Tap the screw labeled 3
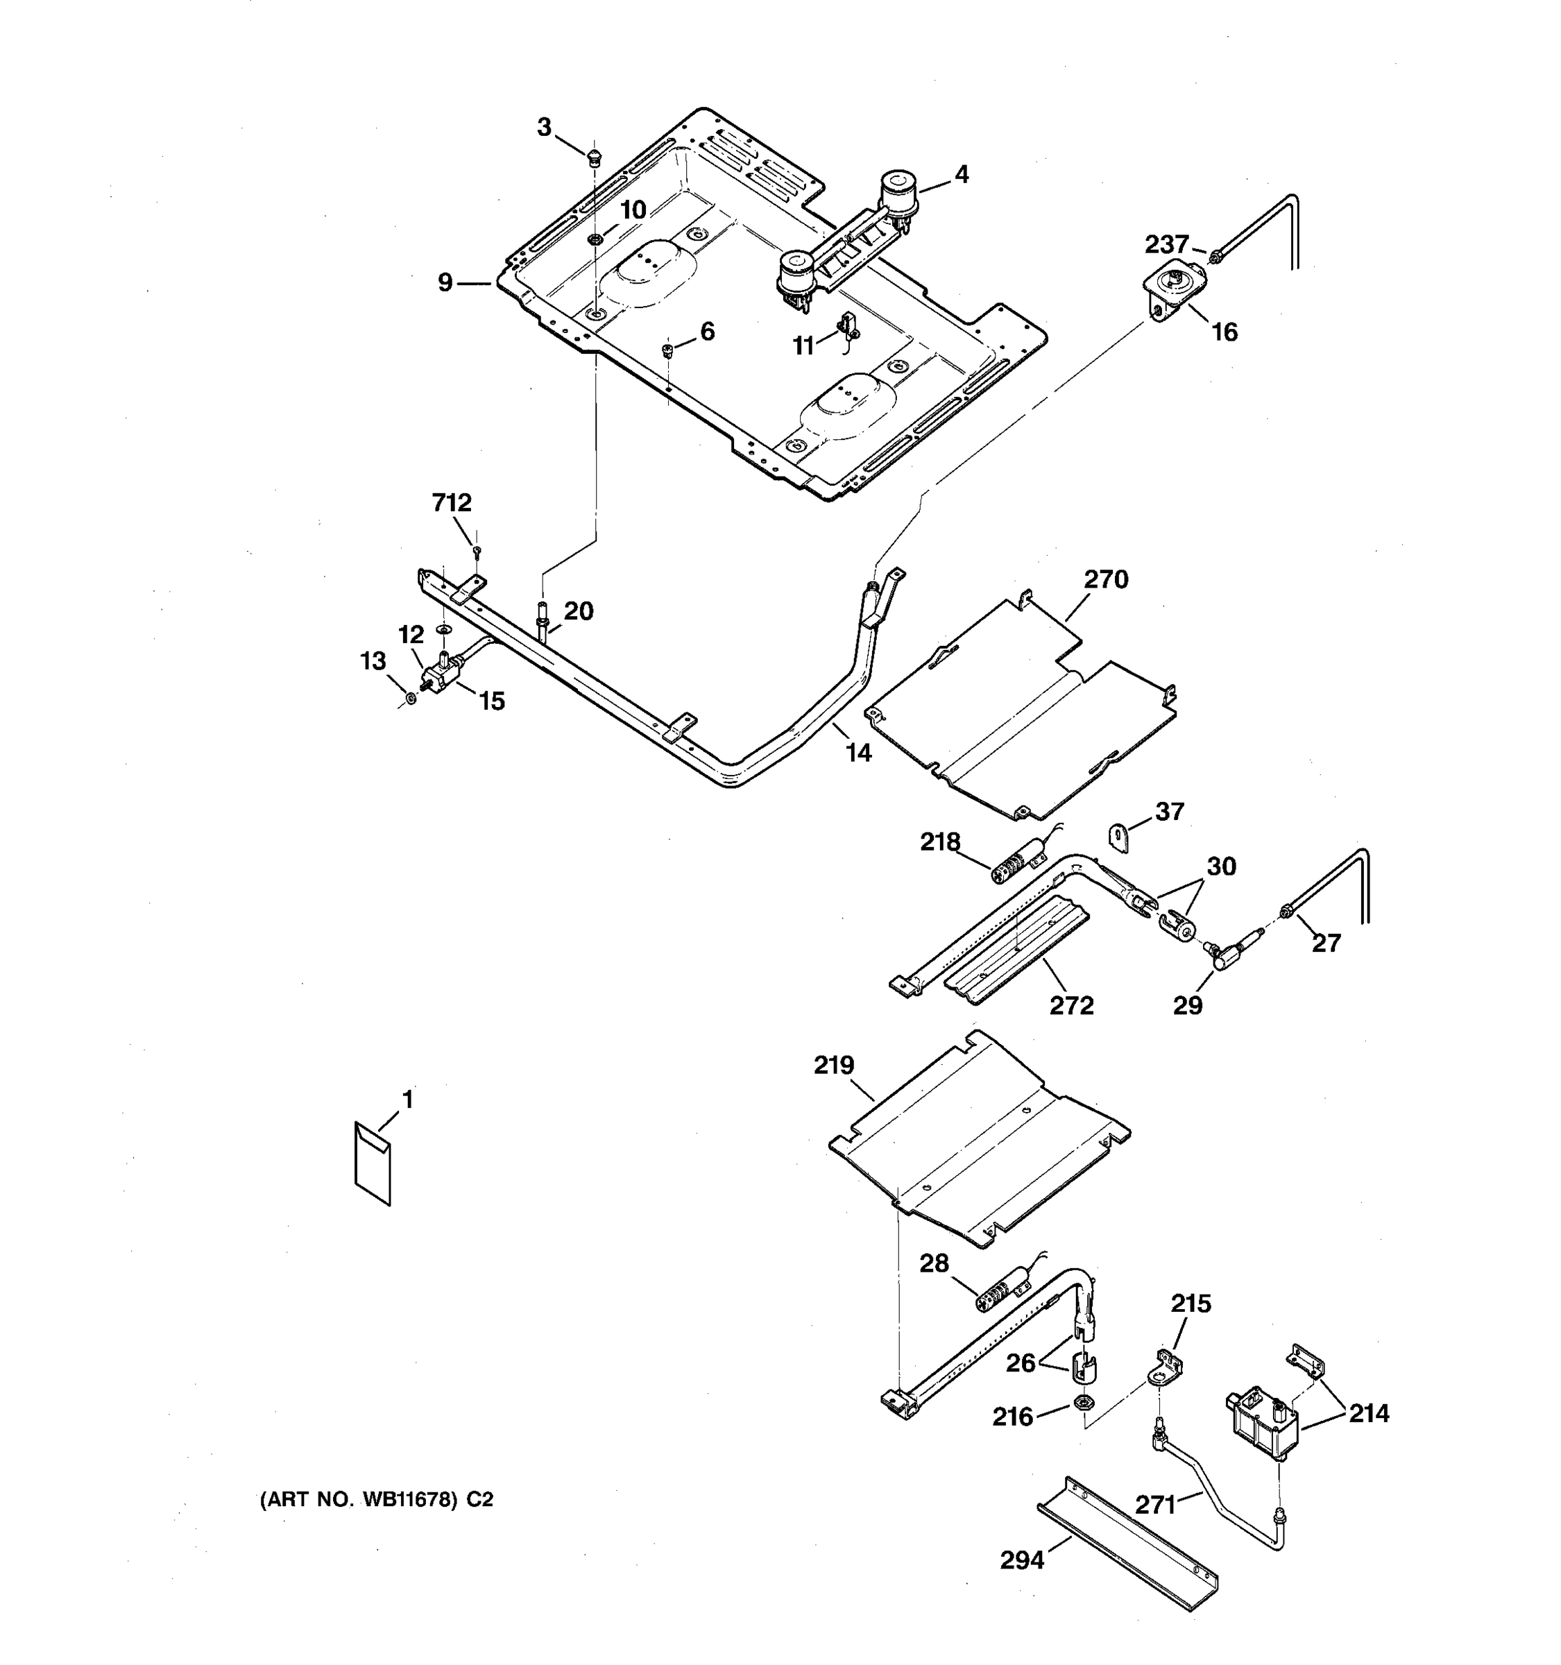click(x=594, y=156)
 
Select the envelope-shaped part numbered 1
click(x=373, y=1163)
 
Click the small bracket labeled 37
click(x=1119, y=837)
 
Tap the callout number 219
click(x=833, y=1066)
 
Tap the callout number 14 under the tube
click(x=858, y=753)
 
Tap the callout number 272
click(x=1071, y=1005)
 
